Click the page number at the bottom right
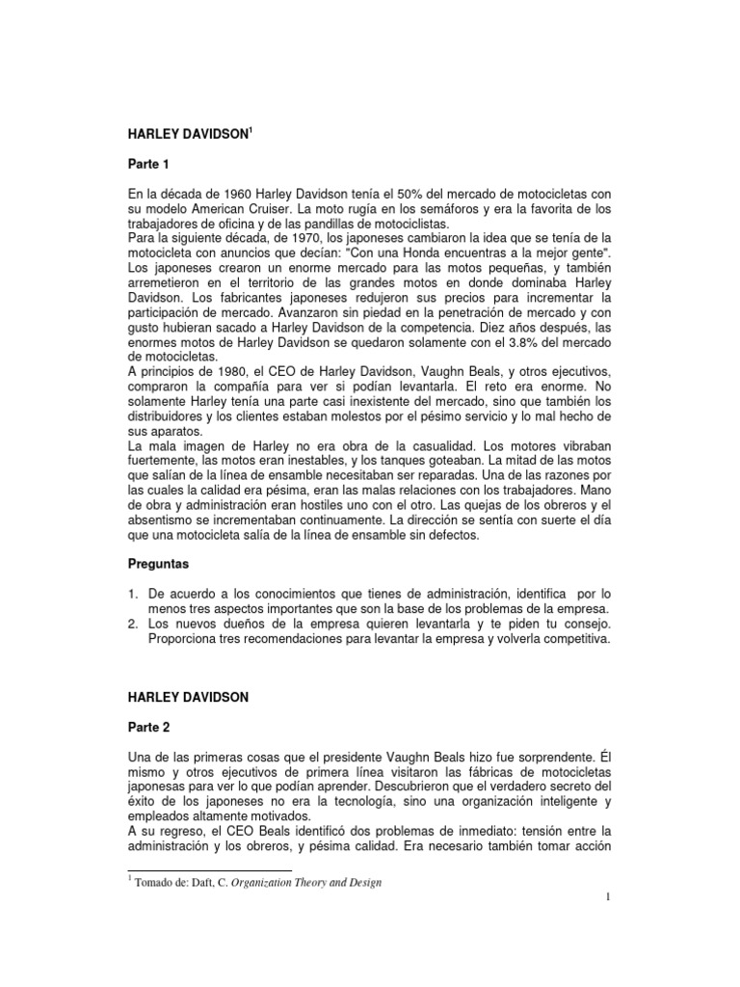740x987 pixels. (610, 898)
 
